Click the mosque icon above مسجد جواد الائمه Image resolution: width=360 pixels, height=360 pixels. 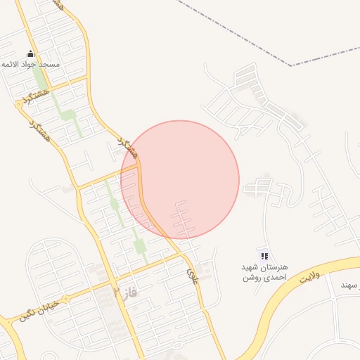click(30, 54)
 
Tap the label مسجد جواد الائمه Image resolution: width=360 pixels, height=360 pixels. click(31, 65)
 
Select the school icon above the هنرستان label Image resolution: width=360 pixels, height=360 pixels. click(264, 256)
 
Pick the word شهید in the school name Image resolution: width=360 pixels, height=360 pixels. click(251, 268)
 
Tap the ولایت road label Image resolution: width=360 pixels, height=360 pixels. click(309, 277)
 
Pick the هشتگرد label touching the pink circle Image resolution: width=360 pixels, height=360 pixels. click(129, 147)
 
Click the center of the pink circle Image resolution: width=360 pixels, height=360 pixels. click(180, 179)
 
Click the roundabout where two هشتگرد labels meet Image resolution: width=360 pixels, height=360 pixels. click(18, 104)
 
